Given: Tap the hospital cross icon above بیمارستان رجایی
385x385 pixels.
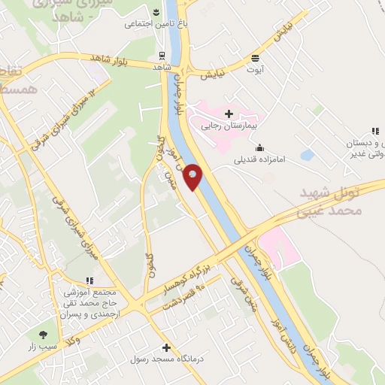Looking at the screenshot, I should point(229,114).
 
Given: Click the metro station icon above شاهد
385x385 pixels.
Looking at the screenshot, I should point(161,55).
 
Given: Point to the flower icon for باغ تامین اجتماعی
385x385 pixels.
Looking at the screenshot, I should point(155,12).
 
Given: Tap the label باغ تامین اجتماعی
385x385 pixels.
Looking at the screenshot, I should point(150,24).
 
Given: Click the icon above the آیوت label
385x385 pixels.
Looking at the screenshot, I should point(256,57).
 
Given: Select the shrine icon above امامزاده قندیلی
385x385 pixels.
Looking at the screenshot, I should point(259,147).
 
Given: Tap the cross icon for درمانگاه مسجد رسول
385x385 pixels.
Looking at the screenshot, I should point(166,347).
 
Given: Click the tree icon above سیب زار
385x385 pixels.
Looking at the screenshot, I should point(42,335).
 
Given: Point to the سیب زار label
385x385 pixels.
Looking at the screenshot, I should point(42,347).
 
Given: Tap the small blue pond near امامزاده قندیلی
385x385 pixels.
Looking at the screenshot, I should point(307,155).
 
